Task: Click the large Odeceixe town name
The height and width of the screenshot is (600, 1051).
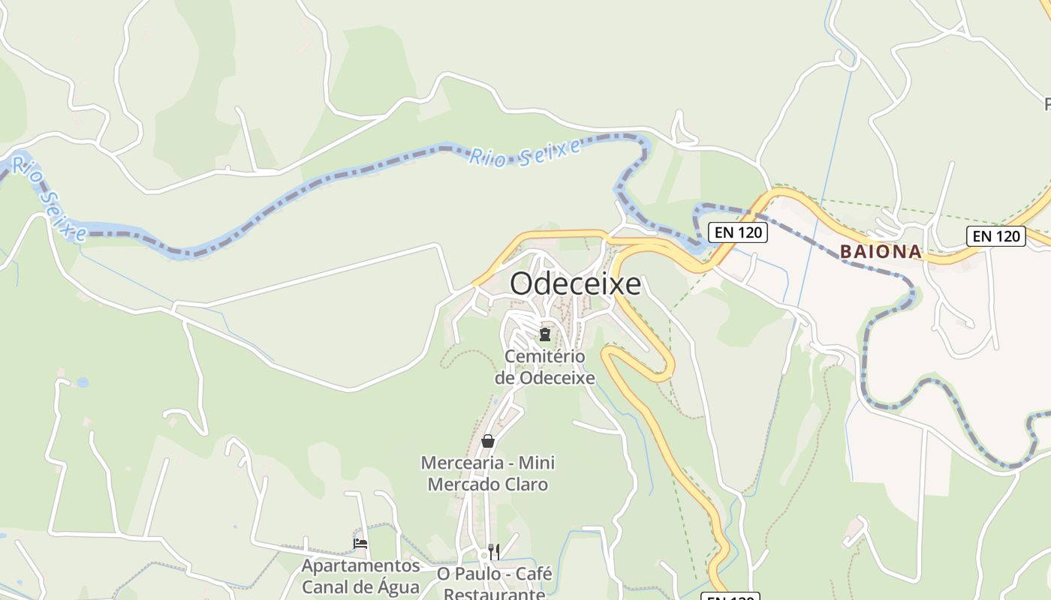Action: click(x=576, y=284)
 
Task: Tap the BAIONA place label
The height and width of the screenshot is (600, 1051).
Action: click(x=881, y=252)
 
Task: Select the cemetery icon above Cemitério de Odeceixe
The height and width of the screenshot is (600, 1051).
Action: click(x=545, y=334)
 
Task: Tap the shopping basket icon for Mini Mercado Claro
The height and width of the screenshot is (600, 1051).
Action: click(x=488, y=441)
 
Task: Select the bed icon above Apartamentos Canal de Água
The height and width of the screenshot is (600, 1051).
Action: click(x=360, y=544)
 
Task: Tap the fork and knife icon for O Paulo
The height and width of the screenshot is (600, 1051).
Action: click(x=494, y=552)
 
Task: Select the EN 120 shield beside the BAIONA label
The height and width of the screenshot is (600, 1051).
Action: click(x=995, y=236)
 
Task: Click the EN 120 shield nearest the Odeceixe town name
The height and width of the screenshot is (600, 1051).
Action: click(x=739, y=232)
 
